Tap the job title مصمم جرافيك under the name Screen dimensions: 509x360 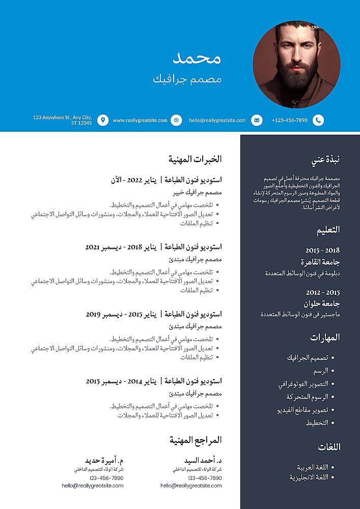tap(187, 79)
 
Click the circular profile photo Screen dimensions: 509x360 tap(296, 65)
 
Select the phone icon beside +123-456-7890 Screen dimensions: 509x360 tap(318, 120)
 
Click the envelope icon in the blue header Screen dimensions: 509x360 tap(257, 120)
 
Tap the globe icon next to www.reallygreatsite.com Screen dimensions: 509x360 tap(176, 120)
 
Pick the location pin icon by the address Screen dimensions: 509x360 tap(103, 120)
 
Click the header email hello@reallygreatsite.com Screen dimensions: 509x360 tap(217, 121)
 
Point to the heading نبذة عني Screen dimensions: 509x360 tap(325, 160)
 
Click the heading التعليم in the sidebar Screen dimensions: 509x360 tap(328, 230)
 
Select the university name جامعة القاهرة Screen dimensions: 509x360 tap(320, 263)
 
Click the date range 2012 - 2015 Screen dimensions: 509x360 tap(322, 293)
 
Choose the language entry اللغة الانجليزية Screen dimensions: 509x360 tap(309, 477)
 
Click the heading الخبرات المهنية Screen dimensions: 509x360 tap(196, 159)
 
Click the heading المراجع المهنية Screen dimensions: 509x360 tap(196, 440)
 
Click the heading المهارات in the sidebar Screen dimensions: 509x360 tap(325, 337)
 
